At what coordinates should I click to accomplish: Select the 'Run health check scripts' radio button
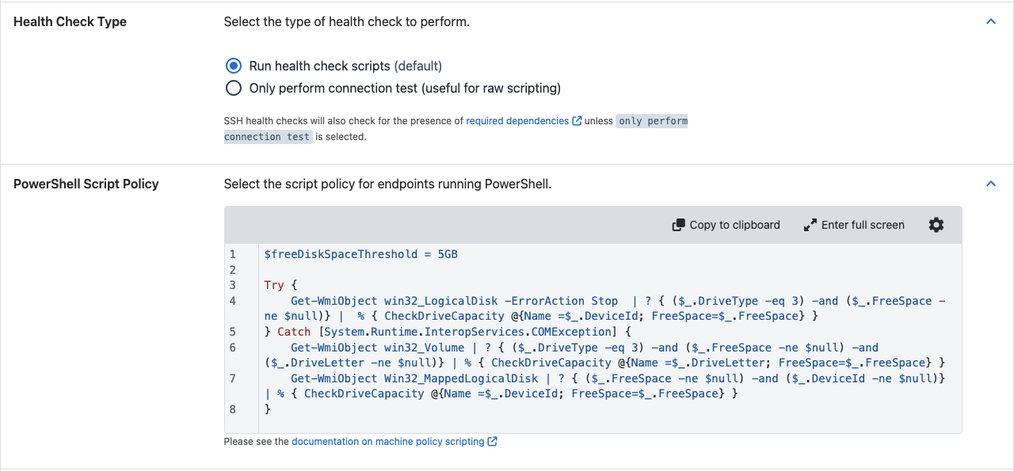tap(234, 66)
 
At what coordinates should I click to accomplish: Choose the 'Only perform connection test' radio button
tap(234, 88)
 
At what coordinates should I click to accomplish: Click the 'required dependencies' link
tap(517, 121)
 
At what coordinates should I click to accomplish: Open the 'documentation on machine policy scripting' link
tap(388, 442)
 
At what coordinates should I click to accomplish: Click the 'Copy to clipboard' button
tap(726, 225)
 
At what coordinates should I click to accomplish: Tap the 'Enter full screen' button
tap(854, 225)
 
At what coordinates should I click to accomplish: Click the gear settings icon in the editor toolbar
tap(936, 225)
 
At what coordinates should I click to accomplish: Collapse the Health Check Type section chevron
tap(991, 21)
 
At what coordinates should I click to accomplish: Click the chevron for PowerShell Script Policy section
tap(991, 183)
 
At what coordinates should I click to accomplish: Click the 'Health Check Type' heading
tap(71, 21)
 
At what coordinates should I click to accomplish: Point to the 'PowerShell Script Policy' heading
tap(86, 184)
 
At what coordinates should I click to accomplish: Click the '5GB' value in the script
tap(448, 254)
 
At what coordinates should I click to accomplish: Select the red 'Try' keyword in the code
tap(274, 286)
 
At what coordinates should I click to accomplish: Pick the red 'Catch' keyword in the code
tap(294, 332)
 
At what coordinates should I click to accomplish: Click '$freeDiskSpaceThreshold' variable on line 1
tap(341, 254)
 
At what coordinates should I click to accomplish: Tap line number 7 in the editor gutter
tap(233, 378)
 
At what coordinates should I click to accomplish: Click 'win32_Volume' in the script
tap(424, 348)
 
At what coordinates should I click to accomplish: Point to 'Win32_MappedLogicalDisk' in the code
tap(461, 378)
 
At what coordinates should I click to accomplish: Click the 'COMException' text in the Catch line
tap(571, 332)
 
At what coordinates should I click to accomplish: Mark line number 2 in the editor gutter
tap(233, 270)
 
